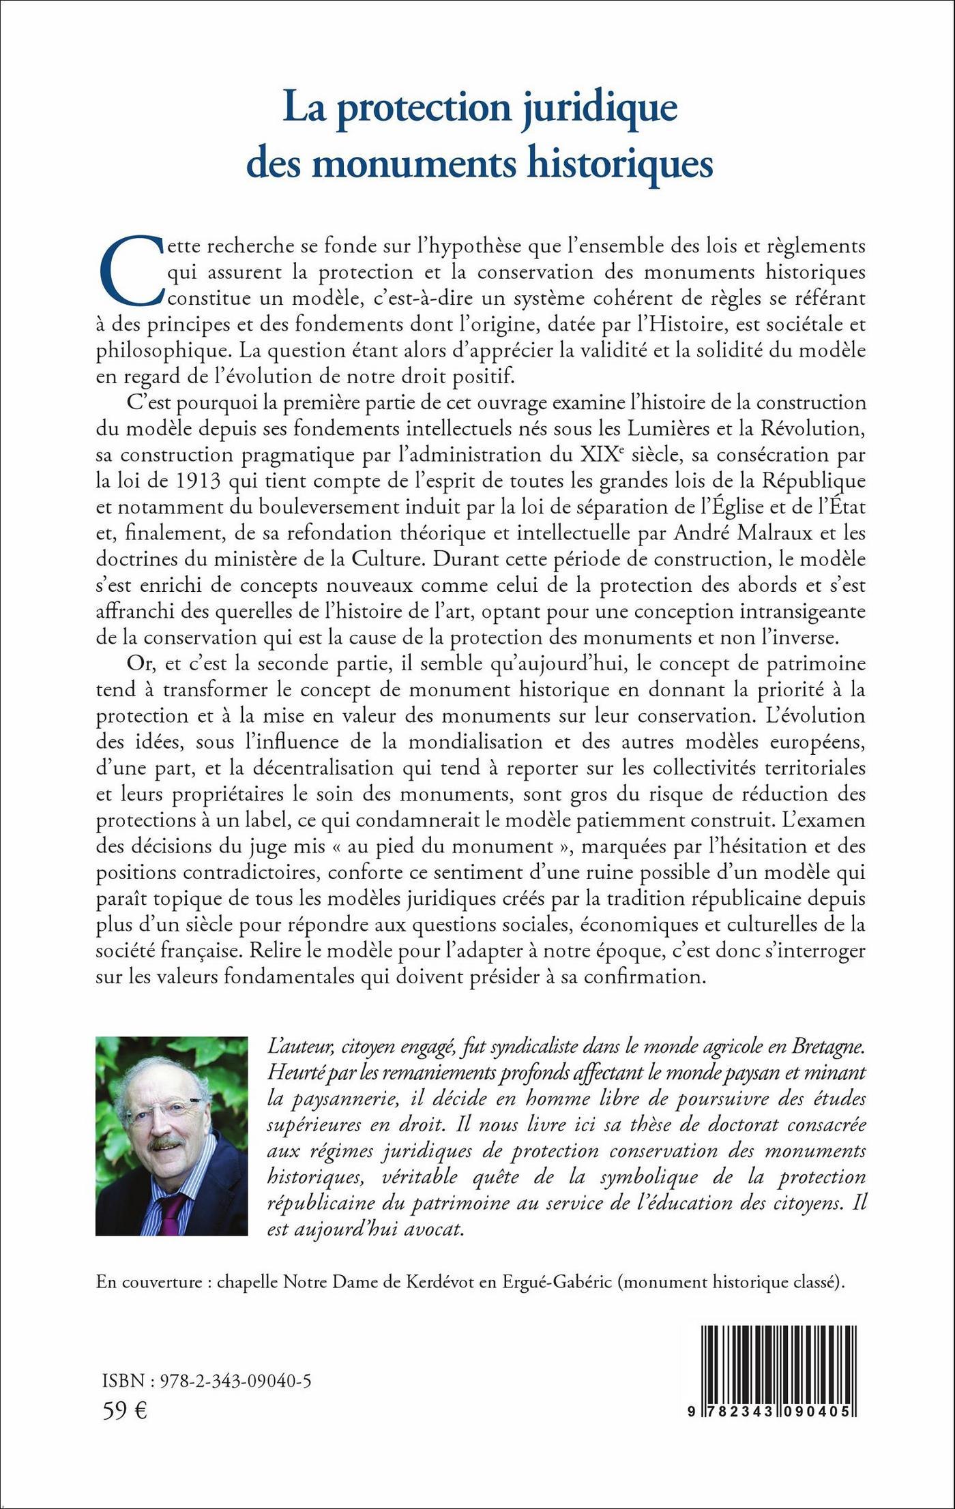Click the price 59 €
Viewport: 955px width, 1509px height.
pos(125,1411)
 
